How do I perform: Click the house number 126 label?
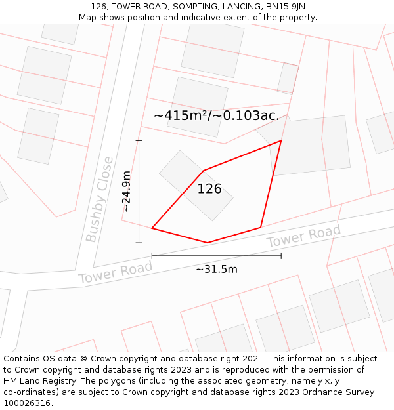coord(209,189)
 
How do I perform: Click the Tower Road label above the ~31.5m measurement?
coord(116,272)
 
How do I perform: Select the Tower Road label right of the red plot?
coord(303,236)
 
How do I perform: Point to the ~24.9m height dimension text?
coord(126,191)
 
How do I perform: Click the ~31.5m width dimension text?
coord(217,269)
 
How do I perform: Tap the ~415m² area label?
coord(216,115)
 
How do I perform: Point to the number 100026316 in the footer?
coord(26,403)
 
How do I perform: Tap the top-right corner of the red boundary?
coord(281,140)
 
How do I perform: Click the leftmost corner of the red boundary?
coord(152,228)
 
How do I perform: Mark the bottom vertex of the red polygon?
coord(208,243)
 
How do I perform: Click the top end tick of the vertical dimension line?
coord(139,140)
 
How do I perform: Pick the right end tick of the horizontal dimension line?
coord(281,255)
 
